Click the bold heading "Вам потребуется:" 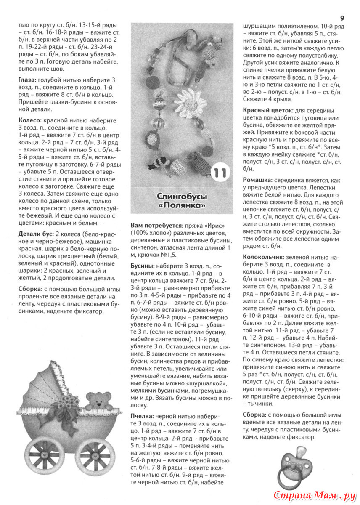coord(157,226)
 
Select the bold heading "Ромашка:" coord(257,180)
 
